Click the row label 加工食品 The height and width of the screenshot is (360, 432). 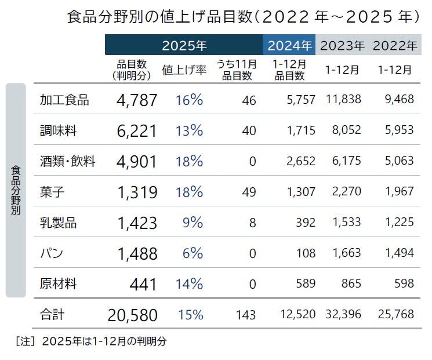(x=64, y=100)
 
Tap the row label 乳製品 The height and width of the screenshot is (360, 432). (x=58, y=223)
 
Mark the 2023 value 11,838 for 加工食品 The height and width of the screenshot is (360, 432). (x=343, y=100)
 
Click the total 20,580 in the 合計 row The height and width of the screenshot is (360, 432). (x=132, y=315)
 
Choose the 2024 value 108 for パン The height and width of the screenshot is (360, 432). (x=306, y=253)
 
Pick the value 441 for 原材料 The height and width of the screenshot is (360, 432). (x=144, y=285)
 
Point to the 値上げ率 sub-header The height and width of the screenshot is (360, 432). (x=184, y=70)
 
